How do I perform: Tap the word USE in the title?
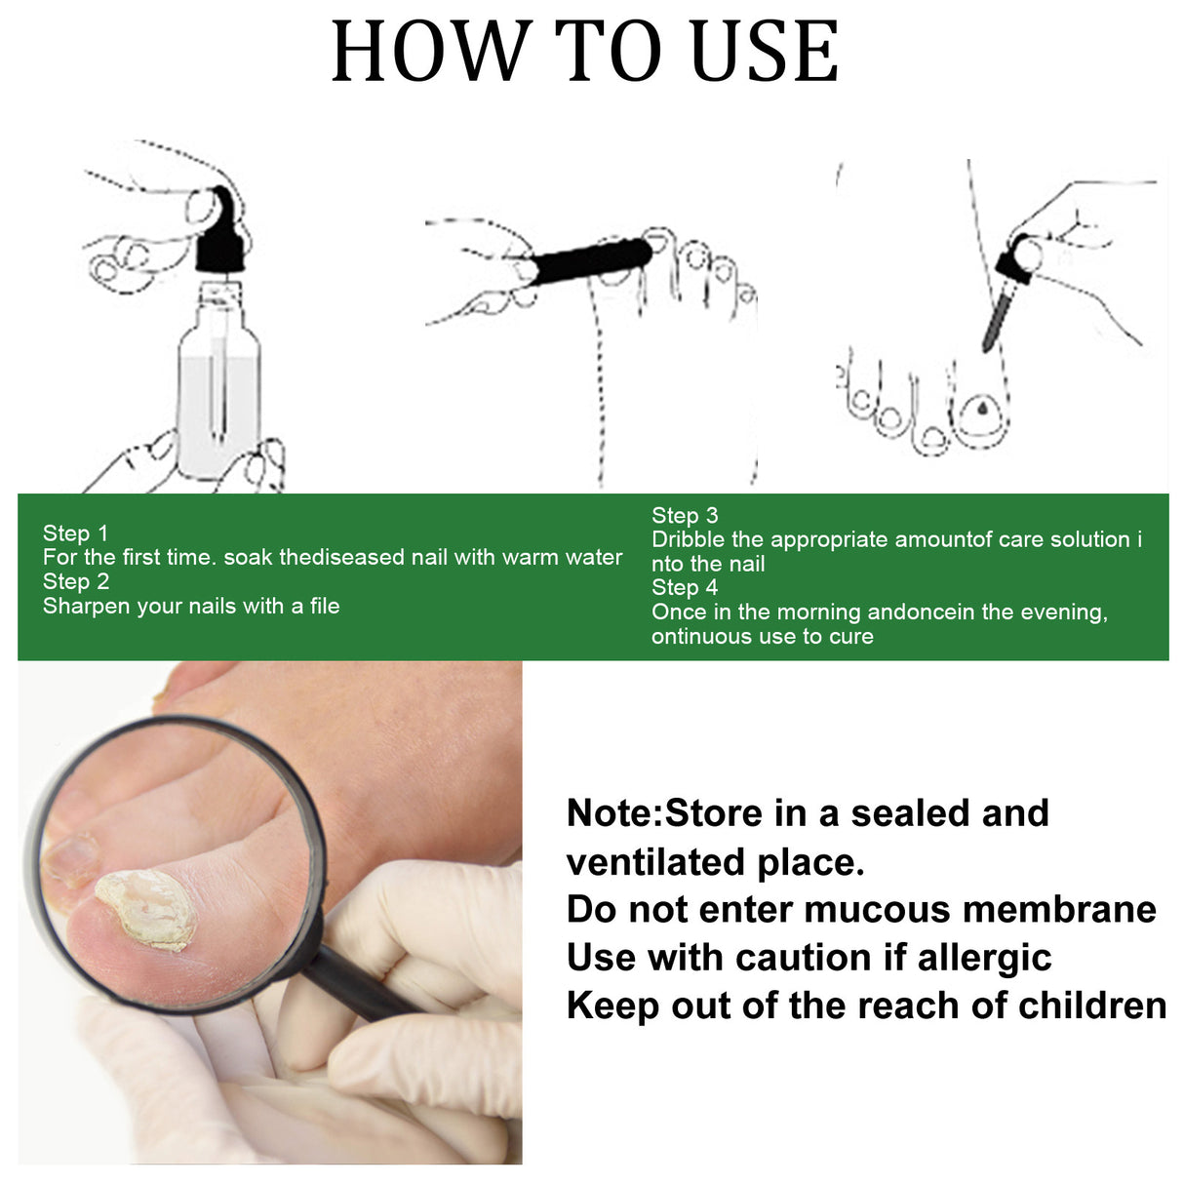pos(764,52)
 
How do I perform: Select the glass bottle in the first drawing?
pos(218,380)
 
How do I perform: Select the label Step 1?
pos(75,533)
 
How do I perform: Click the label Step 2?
pos(75,582)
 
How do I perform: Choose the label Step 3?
pos(685,516)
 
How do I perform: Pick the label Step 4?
pos(685,588)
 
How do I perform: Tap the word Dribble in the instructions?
pos(689,540)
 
